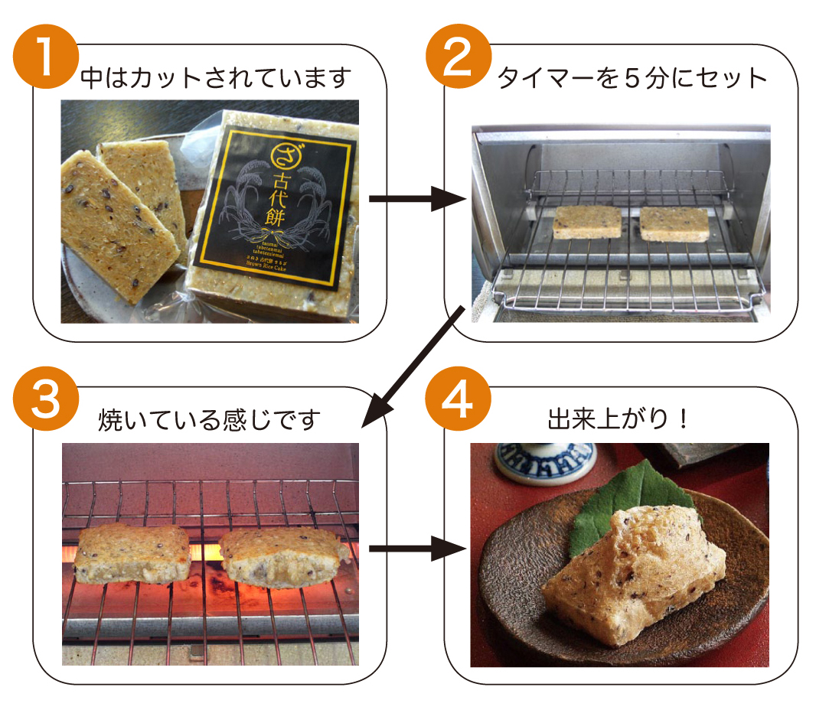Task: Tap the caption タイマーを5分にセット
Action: point(632,78)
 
